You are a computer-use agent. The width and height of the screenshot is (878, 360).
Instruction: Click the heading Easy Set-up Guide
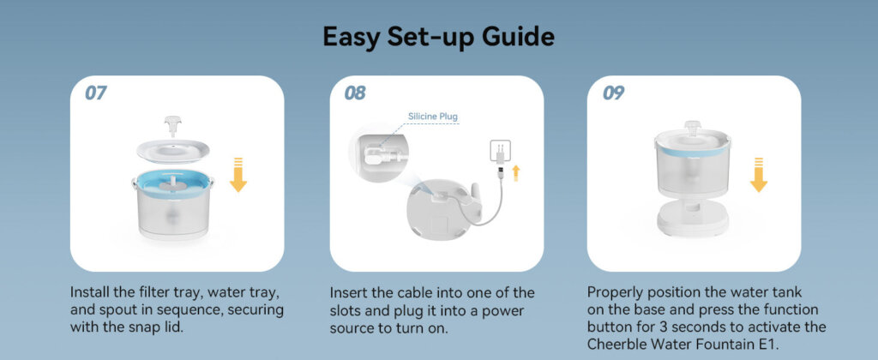pyautogui.click(x=438, y=37)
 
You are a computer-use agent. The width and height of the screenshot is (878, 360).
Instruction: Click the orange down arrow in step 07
pyautogui.click(x=238, y=174)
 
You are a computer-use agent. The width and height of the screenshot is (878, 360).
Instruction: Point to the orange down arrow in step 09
pyautogui.click(x=758, y=175)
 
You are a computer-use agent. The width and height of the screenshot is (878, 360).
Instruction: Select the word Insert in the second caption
pyautogui.click(x=349, y=292)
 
